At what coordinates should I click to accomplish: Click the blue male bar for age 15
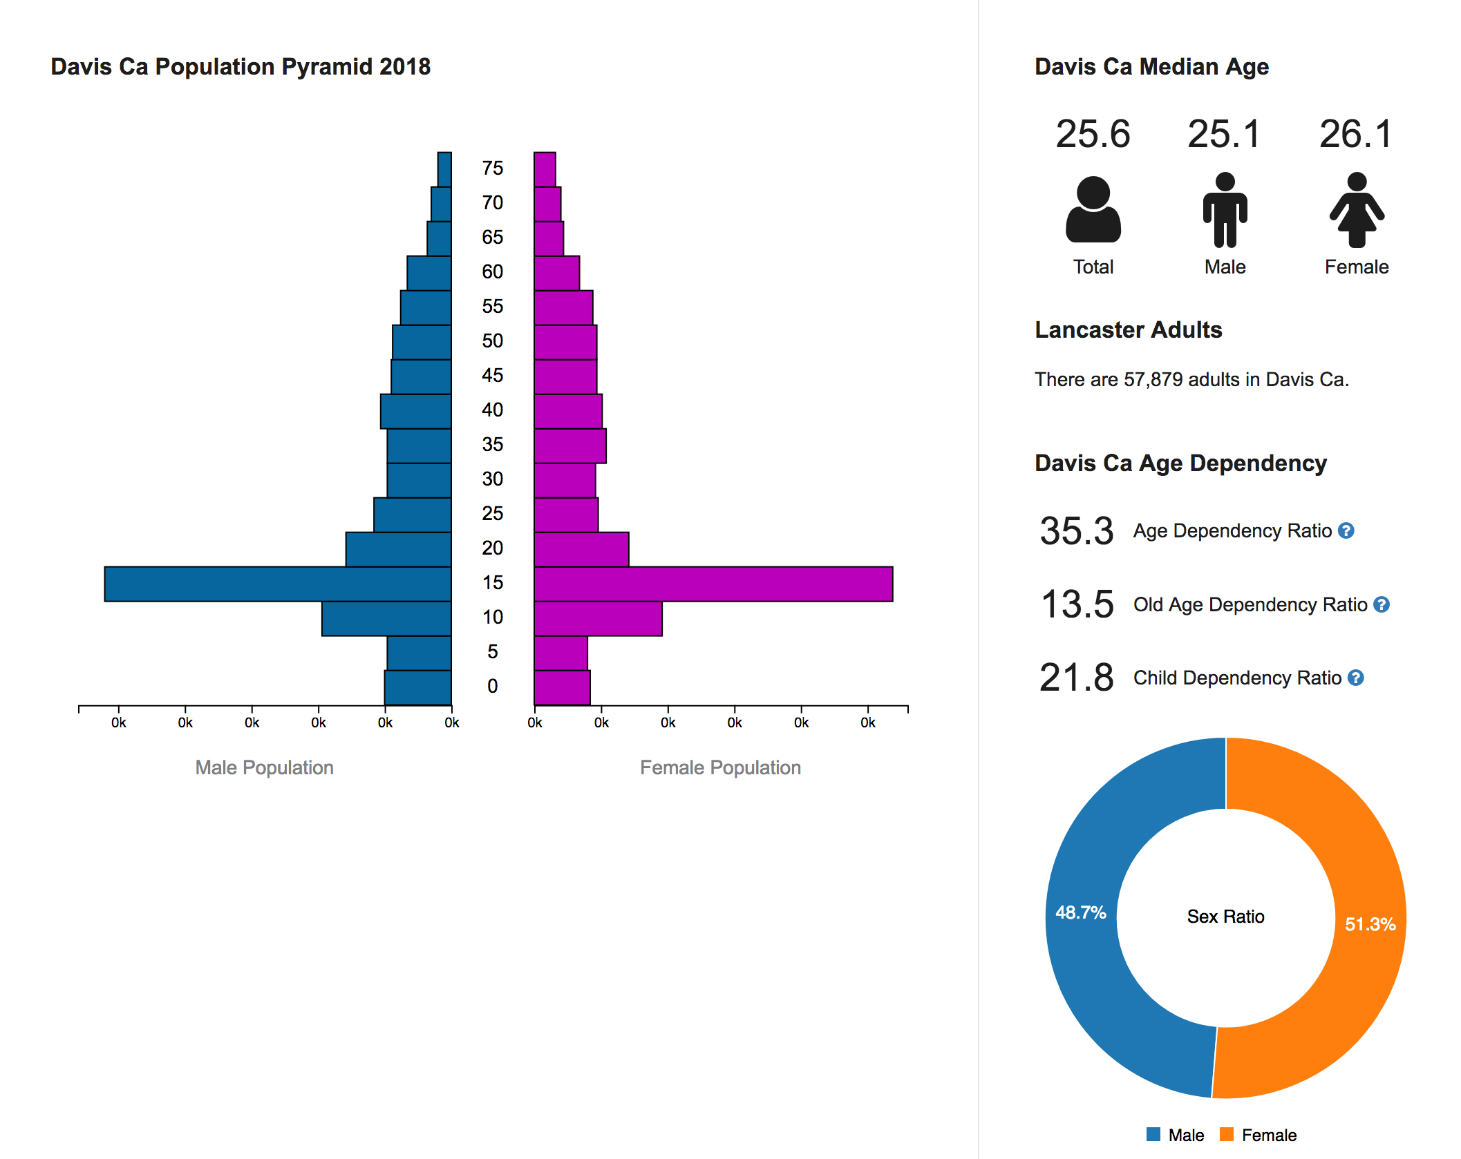[x=278, y=584]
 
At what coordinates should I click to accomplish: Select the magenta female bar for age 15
[x=713, y=584]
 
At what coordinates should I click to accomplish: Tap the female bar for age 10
[x=598, y=619]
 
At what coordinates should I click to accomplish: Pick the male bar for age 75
[x=444, y=169]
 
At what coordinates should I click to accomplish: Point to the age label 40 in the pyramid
[x=492, y=410]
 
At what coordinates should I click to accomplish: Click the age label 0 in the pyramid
[x=492, y=687]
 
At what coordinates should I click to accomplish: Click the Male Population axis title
[x=264, y=768]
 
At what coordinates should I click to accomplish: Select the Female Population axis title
[x=720, y=768]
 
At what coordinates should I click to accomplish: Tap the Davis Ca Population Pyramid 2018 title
[x=241, y=67]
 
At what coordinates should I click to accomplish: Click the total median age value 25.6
[x=1093, y=134]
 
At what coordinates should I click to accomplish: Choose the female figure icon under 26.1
[x=1357, y=210]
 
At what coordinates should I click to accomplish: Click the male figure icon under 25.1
[x=1225, y=210]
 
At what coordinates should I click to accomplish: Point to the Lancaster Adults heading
[x=1128, y=330]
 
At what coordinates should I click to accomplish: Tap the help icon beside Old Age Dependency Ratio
[x=1381, y=605]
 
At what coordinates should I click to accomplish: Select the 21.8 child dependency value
[x=1076, y=678]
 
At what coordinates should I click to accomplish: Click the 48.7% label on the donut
[x=1080, y=913]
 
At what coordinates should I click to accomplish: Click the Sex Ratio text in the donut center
[x=1225, y=917]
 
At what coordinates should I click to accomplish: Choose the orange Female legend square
[x=1227, y=1134]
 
